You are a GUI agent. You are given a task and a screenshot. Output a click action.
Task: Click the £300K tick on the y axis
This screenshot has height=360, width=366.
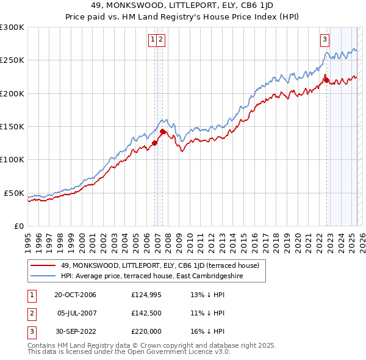[12, 27]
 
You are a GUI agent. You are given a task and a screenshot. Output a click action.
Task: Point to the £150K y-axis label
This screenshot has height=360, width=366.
[12, 126]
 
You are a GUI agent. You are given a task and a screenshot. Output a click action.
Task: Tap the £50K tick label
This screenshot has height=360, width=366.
[14, 193]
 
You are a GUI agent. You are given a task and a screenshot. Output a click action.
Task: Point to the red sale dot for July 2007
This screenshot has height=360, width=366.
[162, 131]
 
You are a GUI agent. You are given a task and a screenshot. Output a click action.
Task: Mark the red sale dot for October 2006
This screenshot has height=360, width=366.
[154, 143]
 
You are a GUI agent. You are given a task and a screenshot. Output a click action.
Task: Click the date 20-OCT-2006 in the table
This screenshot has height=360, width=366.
[75, 295]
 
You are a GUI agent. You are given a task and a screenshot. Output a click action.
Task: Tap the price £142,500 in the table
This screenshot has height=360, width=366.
[146, 313]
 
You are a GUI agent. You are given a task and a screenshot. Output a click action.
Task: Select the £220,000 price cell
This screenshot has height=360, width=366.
[146, 331]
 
